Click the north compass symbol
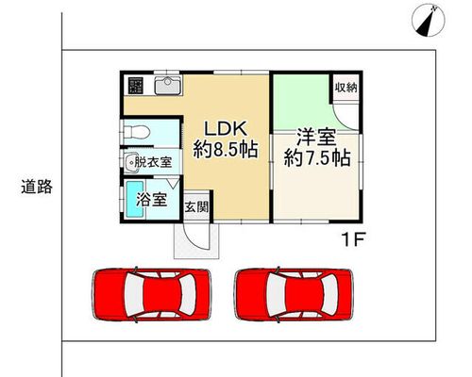coord(429,20)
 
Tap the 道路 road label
coord(37,187)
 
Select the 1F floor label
coord(353,240)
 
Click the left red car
coord(151,294)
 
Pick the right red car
coord(294,294)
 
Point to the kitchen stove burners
coord(136,85)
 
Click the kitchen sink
coord(168,85)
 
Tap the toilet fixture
coord(136,132)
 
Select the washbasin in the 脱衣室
coord(131,163)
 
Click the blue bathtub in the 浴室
coord(135,199)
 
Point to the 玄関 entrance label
coord(196,207)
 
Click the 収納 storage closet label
coord(346,88)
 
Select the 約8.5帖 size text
coord(226,150)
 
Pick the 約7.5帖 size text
coord(317,158)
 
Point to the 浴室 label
coord(152,199)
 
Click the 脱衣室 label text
coord(153,162)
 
